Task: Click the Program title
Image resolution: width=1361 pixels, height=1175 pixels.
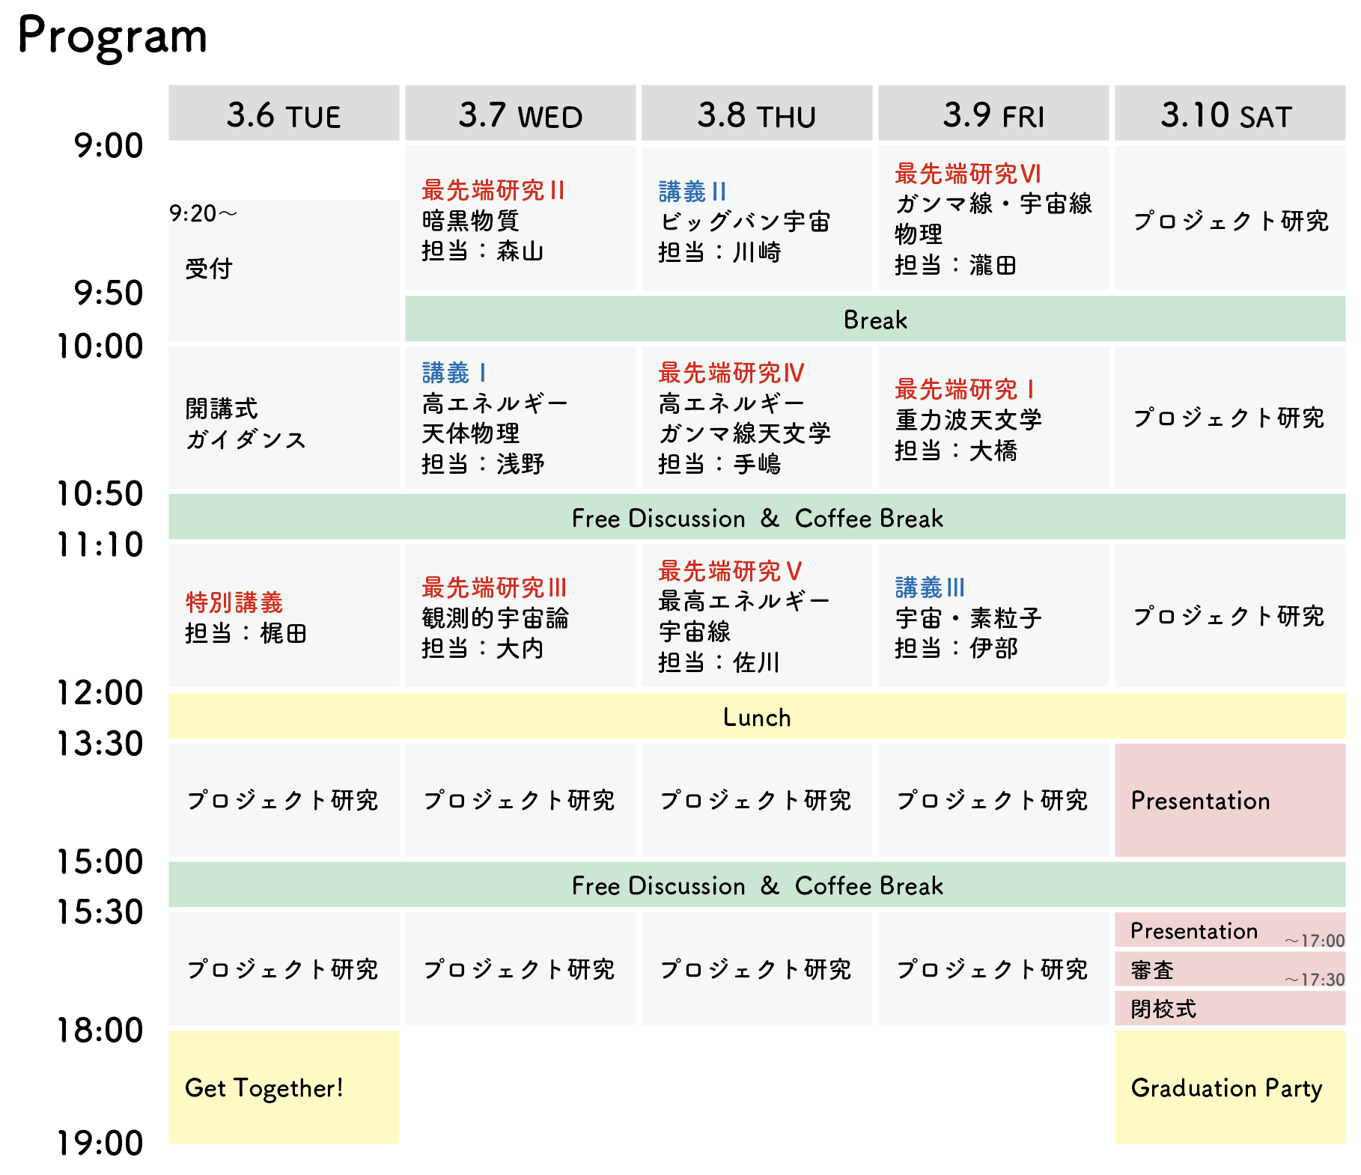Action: click(x=112, y=37)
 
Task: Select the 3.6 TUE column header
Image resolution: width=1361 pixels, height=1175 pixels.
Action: click(x=284, y=113)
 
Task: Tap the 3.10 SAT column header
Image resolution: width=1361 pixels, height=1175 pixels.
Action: click(x=1230, y=113)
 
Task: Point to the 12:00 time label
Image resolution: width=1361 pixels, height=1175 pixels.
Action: click(x=100, y=692)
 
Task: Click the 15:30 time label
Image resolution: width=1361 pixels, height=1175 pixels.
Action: click(x=100, y=912)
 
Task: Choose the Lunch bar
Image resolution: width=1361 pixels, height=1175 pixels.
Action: click(x=757, y=716)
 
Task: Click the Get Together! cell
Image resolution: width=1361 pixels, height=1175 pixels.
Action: click(x=284, y=1087)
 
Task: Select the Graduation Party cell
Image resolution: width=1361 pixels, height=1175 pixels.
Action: click(x=1230, y=1087)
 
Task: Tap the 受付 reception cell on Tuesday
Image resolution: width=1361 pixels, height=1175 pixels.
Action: click(x=284, y=270)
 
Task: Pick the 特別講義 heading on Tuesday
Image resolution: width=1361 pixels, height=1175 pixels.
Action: click(x=234, y=602)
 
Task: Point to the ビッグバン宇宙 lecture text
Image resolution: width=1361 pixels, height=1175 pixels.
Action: click(x=745, y=222)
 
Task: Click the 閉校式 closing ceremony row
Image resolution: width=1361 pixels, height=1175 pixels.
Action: click(x=1230, y=1009)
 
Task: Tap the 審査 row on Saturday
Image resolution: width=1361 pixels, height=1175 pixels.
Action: click(x=1230, y=970)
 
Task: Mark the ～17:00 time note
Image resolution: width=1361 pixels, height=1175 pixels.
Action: click(x=1315, y=941)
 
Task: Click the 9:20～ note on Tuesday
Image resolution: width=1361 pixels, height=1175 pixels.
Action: click(x=204, y=214)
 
